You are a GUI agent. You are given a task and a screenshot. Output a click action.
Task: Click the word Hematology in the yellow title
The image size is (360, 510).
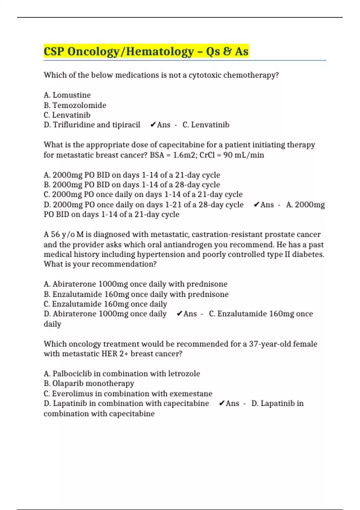tap(160, 51)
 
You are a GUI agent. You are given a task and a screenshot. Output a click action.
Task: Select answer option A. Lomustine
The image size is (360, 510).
tap(67, 95)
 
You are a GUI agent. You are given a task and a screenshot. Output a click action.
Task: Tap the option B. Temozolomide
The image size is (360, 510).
tap(75, 105)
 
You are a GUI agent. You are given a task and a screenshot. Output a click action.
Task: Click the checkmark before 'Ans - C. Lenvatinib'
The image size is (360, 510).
tap(153, 125)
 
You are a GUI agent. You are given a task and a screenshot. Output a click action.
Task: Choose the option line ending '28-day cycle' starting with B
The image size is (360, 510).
tap(132, 185)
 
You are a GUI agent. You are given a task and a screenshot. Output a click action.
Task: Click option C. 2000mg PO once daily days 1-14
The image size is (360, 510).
tap(143, 195)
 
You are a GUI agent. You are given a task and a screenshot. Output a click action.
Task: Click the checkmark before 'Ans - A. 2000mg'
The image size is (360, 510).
tap(256, 205)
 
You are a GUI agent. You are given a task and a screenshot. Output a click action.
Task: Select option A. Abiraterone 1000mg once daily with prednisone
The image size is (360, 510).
tap(136, 284)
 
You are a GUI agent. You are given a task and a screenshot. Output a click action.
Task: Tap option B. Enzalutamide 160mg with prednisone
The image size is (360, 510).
tap(136, 294)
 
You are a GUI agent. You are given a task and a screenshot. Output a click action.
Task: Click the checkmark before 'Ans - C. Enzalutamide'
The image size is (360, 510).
tap(179, 314)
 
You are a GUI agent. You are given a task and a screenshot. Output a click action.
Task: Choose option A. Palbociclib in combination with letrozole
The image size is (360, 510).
tap(122, 374)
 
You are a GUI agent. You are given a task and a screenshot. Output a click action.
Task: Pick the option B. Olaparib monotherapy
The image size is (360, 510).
tap(89, 384)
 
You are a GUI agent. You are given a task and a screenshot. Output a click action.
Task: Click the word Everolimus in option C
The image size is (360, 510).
tap(68, 394)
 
